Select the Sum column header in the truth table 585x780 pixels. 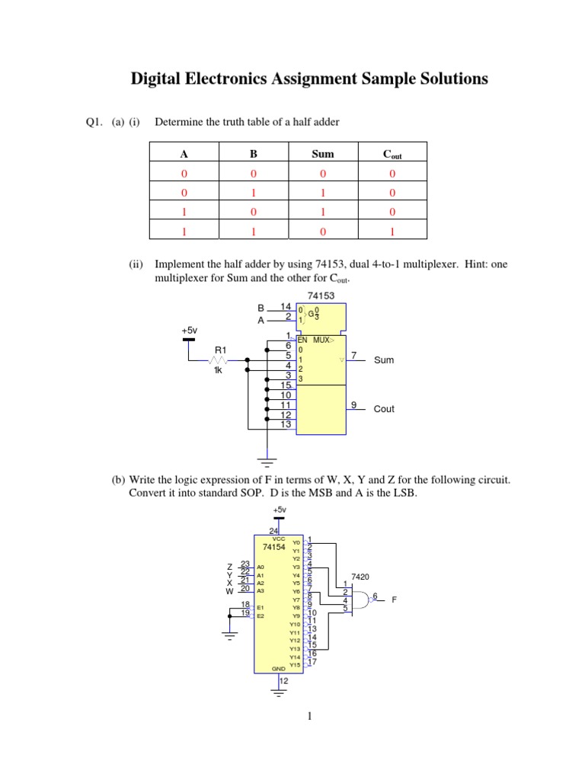[x=323, y=154]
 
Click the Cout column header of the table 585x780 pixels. [x=392, y=155]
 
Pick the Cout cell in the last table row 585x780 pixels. [x=392, y=229]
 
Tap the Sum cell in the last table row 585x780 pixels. [x=323, y=229]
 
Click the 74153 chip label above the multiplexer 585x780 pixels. [x=321, y=296]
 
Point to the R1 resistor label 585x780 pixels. [x=220, y=350]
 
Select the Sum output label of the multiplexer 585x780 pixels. [x=384, y=360]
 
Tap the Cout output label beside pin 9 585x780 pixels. [x=384, y=409]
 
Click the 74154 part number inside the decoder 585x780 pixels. [x=273, y=547]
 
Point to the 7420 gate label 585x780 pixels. [x=360, y=577]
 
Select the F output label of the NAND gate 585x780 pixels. [x=395, y=600]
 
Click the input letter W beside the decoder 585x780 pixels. [x=229, y=590]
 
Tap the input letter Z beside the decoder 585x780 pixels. [x=229, y=567]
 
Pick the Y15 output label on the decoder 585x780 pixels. [x=296, y=665]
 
